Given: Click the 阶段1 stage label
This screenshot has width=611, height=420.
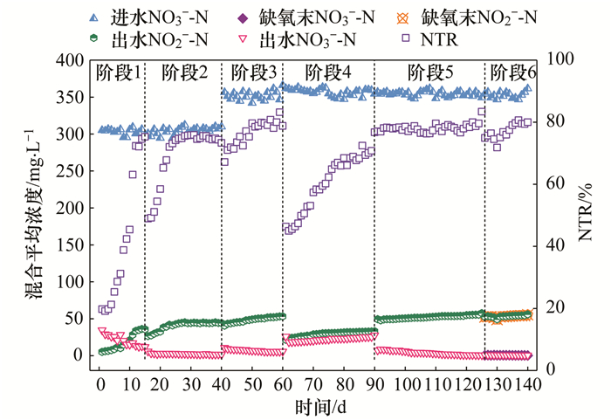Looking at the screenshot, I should coord(118,73).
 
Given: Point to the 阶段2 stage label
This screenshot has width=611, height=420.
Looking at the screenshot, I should coord(184,73).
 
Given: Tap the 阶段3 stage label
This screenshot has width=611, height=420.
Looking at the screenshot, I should coord(254,73).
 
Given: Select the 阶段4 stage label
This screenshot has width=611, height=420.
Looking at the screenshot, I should coord(328,73).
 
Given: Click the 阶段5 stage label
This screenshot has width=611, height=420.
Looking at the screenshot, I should coord(430,73).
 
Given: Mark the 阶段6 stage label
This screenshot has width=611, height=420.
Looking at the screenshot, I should coord(513,73).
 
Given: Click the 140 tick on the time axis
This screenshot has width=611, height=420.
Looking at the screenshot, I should coord(525,385).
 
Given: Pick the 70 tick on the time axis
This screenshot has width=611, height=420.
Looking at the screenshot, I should coord(312,385).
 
